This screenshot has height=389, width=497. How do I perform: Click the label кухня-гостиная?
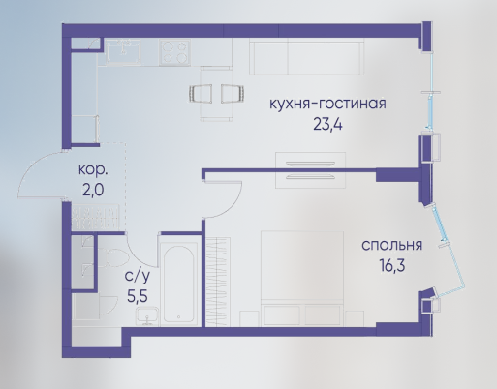[x=327, y=105]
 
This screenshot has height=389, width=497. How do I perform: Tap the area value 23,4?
[x=327, y=124]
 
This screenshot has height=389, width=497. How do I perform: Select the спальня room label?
[x=391, y=246]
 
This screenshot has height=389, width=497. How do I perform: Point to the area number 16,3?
[x=392, y=265]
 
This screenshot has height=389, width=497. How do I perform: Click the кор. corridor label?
[x=93, y=170]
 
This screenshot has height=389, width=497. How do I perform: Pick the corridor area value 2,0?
[x=93, y=190]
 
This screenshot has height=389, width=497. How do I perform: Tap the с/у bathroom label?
[x=138, y=277]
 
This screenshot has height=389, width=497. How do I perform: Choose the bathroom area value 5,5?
[x=138, y=296]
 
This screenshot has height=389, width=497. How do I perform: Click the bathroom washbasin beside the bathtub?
[x=147, y=316]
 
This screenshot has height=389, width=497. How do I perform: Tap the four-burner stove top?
[x=174, y=52]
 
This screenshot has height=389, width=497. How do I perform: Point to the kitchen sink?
[x=123, y=51]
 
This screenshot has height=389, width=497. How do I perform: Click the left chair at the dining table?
[x=201, y=94]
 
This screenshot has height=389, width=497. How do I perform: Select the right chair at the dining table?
[x=233, y=94]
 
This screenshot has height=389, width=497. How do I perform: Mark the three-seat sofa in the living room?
[x=306, y=57]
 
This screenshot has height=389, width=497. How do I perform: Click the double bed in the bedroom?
[x=302, y=279]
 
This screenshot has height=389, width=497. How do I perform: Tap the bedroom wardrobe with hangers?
[x=218, y=283]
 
